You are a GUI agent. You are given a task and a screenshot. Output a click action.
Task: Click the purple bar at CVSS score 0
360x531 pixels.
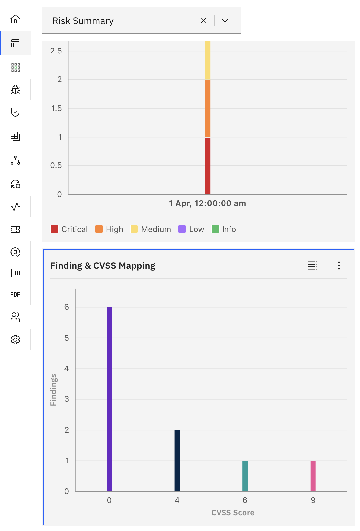(x=109, y=399)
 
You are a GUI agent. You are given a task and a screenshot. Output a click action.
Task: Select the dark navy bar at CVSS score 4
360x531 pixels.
(x=177, y=460)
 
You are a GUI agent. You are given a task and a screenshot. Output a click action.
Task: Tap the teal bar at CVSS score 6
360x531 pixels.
(x=245, y=476)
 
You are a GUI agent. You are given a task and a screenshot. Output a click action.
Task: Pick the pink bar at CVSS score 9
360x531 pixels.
(x=313, y=476)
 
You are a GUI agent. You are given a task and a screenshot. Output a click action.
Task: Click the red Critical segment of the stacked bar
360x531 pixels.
(x=208, y=165)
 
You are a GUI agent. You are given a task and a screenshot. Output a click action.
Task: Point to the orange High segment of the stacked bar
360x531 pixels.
(x=208, y=108)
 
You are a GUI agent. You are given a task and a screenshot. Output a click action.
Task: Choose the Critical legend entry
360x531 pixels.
(x=69, y=229)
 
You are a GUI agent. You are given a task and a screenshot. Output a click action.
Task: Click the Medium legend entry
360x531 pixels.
(x=151, y=229)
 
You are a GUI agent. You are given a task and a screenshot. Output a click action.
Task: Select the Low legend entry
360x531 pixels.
(x=191, y=229)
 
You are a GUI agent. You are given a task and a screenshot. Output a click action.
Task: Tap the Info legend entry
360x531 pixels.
(x=224, y=229)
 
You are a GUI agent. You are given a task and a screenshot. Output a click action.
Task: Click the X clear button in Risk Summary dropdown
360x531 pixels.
(x=203, y=21)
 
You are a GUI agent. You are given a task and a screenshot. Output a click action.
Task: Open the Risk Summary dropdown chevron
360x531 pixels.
(x=225, y=21)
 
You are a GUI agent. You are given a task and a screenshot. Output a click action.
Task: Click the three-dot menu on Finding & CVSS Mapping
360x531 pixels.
(x=339, y=265)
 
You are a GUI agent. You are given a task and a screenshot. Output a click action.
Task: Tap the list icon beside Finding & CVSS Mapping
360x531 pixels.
(x=312, y=265)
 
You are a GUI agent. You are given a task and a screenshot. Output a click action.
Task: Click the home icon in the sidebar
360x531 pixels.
(x=15, y=19)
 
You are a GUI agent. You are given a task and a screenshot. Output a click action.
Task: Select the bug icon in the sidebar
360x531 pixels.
(x=15, y=90)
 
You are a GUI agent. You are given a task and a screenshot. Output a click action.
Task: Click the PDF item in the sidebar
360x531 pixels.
(x=15, y=294)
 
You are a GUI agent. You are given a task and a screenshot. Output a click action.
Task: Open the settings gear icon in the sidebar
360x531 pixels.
(x=15, y=340)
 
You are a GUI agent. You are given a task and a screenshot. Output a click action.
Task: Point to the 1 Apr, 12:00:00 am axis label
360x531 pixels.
(x=208, y=203)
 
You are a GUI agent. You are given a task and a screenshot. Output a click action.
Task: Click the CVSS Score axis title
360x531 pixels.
(x=233, y=513)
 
